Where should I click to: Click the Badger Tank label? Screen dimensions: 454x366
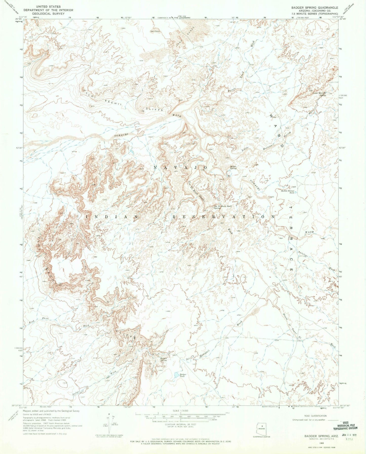point(183,375)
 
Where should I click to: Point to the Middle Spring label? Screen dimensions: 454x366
point(233,167)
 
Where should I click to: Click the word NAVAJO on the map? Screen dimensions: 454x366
point(181,168)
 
